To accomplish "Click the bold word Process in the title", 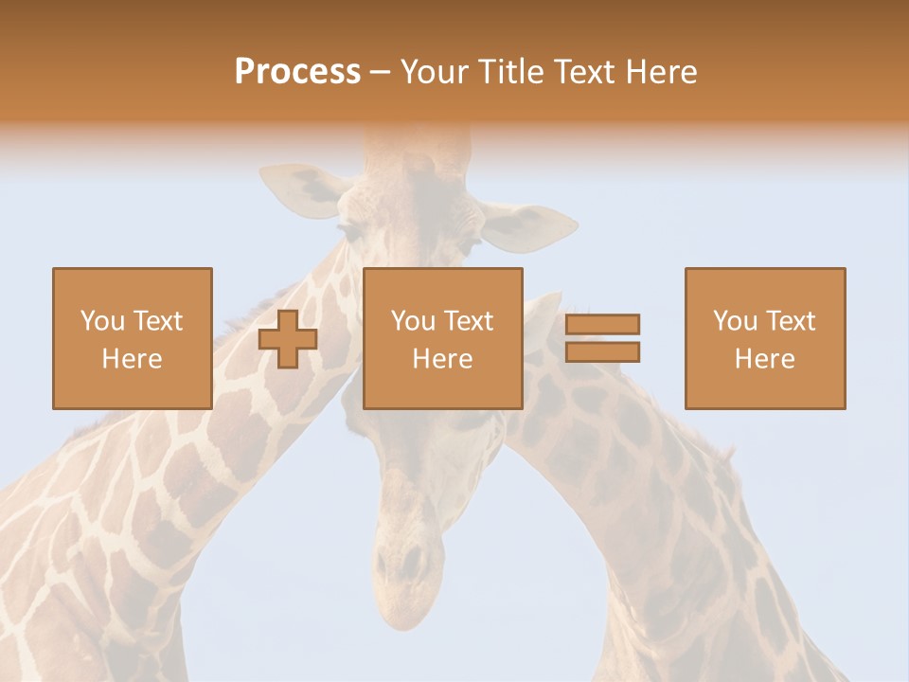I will coord(297,72).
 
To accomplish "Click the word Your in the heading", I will coord(432,72).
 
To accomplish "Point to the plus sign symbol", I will coord(288,339).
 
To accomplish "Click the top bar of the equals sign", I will coord(602,324).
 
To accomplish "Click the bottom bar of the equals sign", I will coord(602,352).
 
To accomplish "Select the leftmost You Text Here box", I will coord(133,338).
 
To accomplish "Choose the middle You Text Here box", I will coord(443,338).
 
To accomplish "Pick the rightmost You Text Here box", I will coord(765,338).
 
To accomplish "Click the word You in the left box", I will coord(102,321).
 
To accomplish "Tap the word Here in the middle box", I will coord(443,359).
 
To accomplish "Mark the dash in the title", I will coord(380,72).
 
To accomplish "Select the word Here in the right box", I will coord(765,359).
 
